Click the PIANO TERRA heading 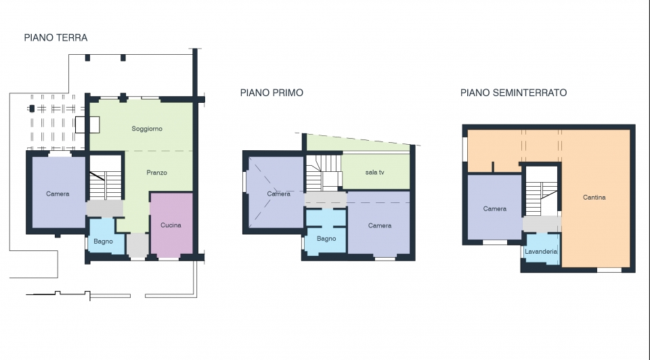[x=56, y=38]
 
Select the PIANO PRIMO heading [x=272, y=93]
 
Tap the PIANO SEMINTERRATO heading [x=513, y=93]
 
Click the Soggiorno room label [x=147, y=129]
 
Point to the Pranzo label [x=156, y=173]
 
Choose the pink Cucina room [x=171, y=224]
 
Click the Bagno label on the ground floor [x=103, y=242]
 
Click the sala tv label [x=374, y=173]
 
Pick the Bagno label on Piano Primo [x=326, y=239]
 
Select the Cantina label [x=594, y=198]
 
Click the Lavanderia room [x=542, y=248]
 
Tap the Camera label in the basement [x=494, y=209]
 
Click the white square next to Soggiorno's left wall [x=87, y=125]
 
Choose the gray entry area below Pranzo [x=137, y=245]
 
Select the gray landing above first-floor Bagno [x=326, y=200]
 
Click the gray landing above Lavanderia [x=542, y=224]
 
